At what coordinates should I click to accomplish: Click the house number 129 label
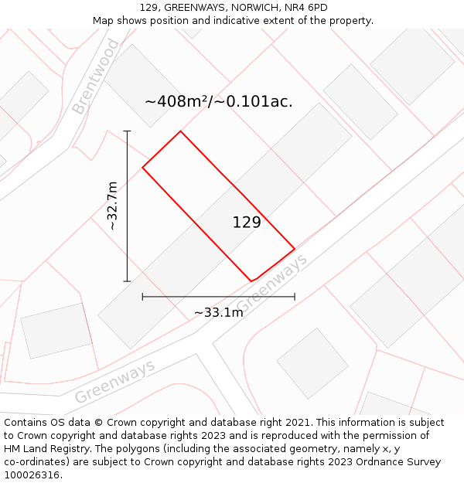247,223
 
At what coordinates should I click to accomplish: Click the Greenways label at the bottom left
114,382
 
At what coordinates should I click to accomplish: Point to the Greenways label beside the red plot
271,282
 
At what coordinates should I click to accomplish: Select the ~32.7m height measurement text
112,206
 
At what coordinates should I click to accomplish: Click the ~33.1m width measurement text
218,312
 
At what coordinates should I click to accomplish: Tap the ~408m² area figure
178,101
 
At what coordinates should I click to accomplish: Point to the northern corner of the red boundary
180,131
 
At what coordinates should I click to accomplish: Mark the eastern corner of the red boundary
295,249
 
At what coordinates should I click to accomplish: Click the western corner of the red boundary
142,167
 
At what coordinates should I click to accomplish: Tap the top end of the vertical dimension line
127,131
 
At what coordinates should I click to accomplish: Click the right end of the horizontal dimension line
295,296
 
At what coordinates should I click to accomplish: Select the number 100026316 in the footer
31,475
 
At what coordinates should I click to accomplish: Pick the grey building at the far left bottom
56,331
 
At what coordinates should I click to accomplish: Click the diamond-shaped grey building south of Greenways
312,363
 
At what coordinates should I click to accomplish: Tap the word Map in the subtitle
103,21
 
